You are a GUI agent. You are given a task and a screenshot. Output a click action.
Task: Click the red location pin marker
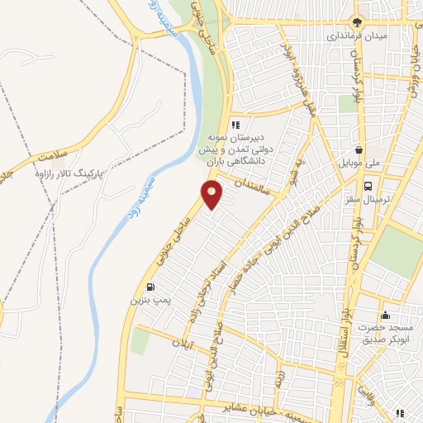click(x=212, y=195)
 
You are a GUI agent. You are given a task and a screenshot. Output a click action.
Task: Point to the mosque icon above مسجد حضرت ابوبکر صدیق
click(x=385, y=315)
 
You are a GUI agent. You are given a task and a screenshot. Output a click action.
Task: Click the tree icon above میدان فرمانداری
click(x=357, y=22)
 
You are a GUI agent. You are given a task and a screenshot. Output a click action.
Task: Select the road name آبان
click(x=183, y=341)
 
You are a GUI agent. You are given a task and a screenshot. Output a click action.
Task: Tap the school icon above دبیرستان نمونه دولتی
click(x=235, y=124)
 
